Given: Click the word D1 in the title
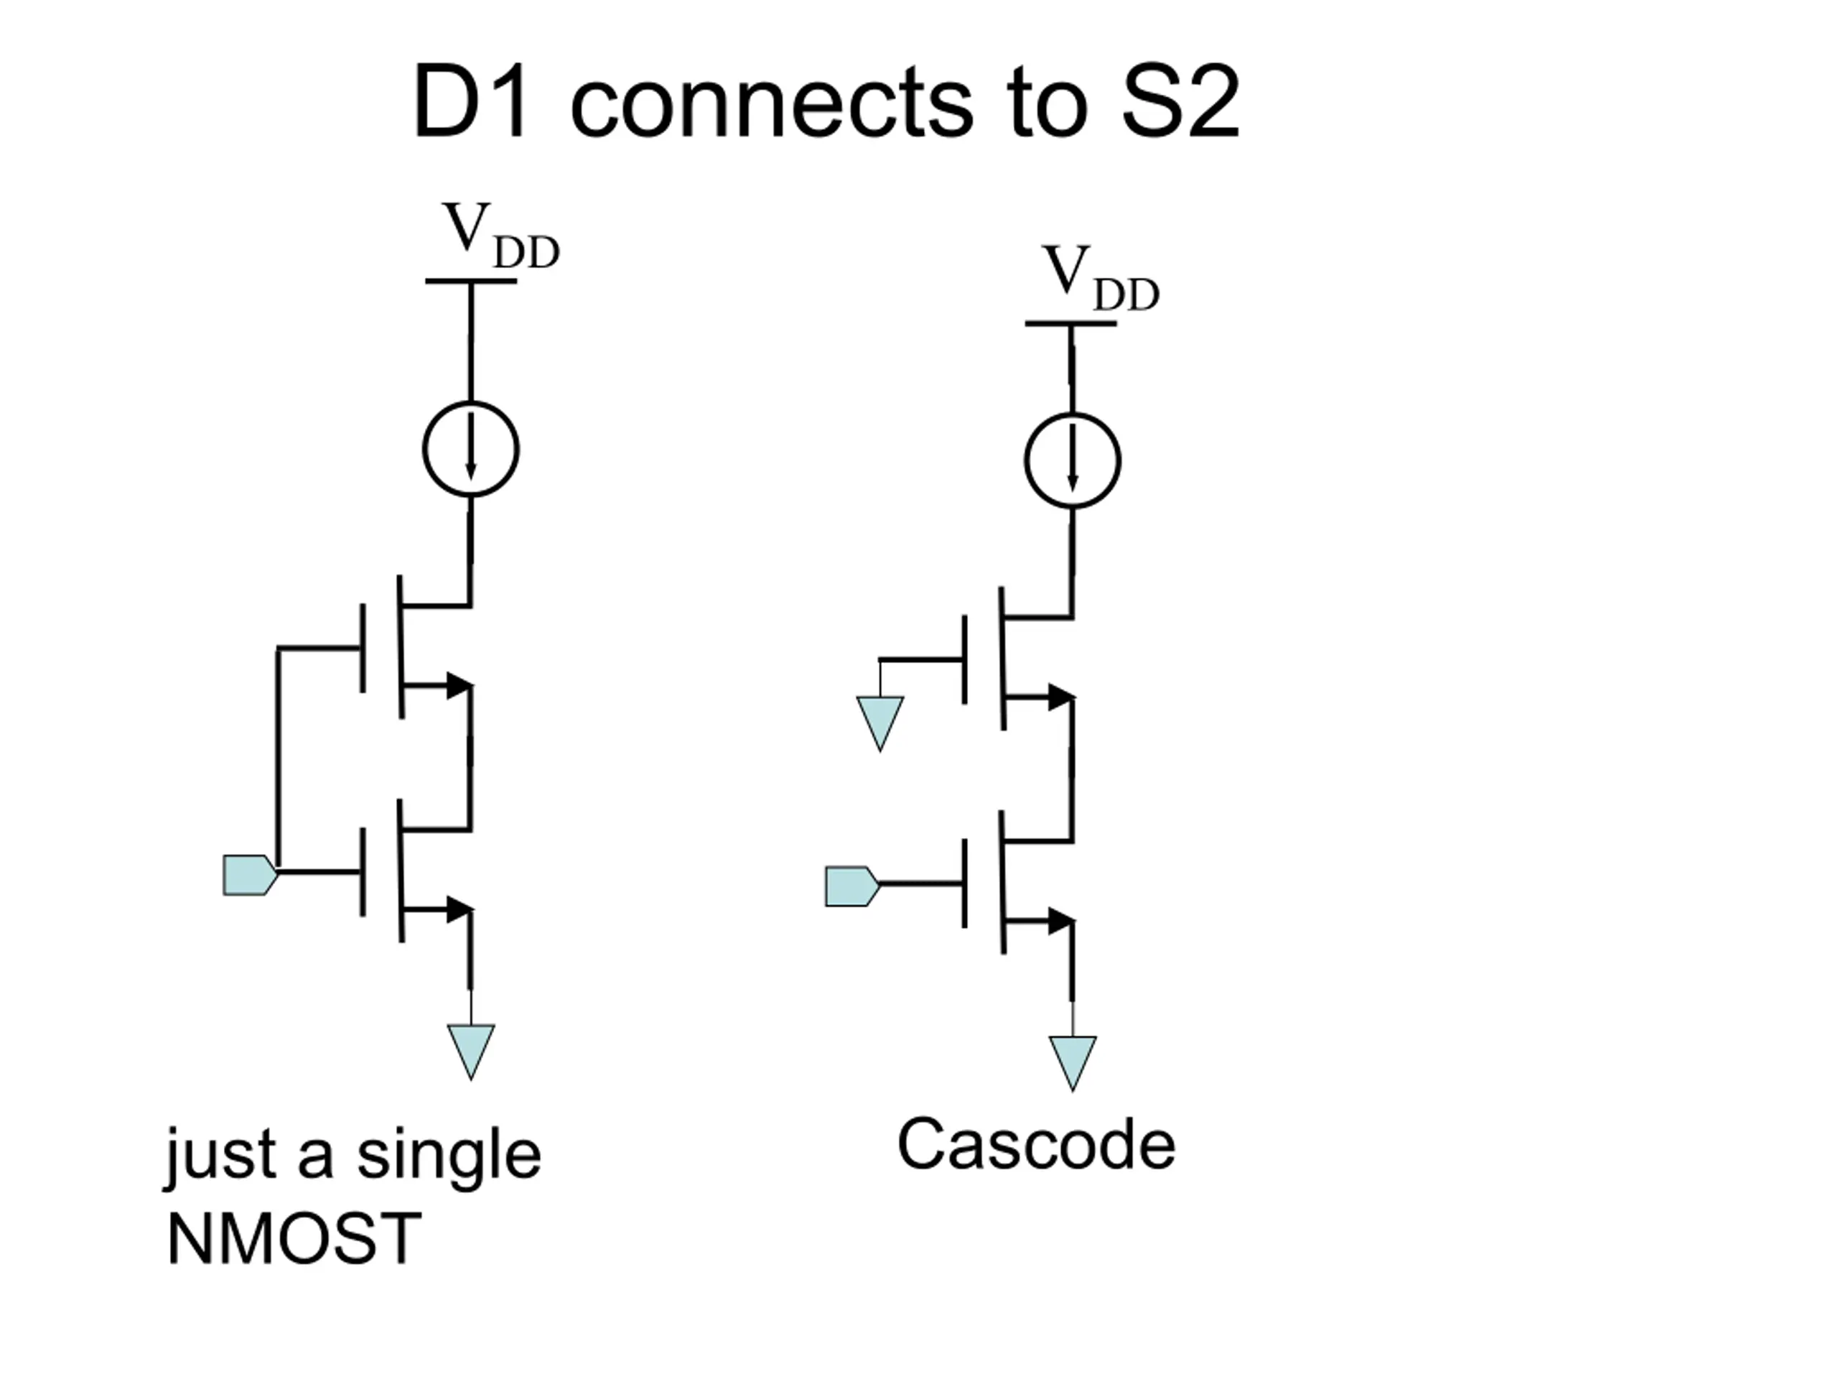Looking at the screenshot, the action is click(470, 103).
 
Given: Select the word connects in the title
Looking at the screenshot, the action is click(771, 103).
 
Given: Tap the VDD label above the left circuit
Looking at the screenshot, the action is click(501, 236).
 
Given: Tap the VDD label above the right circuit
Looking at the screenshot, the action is click(1101, 279).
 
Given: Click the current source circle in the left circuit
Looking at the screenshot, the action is click(471, 403).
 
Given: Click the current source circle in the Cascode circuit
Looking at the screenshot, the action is click(1073, 415).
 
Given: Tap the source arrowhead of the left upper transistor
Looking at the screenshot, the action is click(459, 686).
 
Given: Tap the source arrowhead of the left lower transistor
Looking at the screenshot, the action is click(459, 909).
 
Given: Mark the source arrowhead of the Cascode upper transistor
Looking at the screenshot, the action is click(1061, 697).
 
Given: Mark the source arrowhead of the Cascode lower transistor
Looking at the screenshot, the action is click(1061, 921).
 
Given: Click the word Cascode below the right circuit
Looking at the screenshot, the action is click(1036, 1146).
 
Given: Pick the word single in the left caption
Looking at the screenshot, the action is click(449, 1157).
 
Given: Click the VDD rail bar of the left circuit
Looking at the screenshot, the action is click(471, 281).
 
